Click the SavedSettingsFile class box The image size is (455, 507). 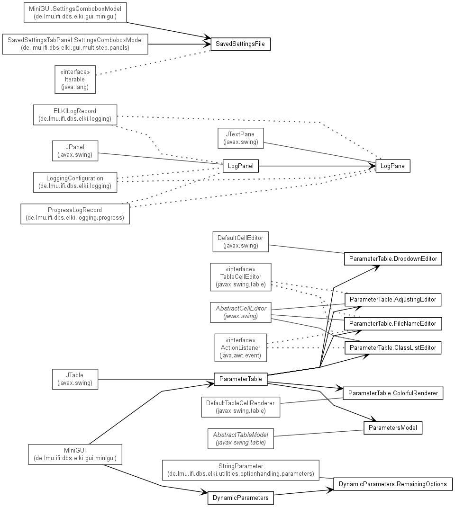(x=241, y=44)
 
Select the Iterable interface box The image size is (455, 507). (x=75, y=80)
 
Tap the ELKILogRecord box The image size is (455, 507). (x=75, y=115)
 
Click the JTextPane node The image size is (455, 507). (x=241, y=138)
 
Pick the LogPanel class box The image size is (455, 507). (x=241, y=166)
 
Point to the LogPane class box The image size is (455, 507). (x=393, y=166)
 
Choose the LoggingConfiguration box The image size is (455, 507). (x=75, y=182)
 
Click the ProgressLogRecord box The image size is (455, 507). (x=75, y=213)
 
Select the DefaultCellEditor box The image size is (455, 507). (x=241, y=241)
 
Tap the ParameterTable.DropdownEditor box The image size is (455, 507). (x=393, y=258)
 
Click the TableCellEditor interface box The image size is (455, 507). (x=241, y=277)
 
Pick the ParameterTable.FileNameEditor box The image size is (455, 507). (x=393, y=324)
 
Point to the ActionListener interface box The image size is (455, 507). (x=241, y=348)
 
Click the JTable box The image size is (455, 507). (x=75, y=379)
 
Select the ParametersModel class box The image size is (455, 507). (x=393, y=428)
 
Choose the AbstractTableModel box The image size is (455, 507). (x=241, y=439)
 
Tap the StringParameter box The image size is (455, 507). (x=241, y=470)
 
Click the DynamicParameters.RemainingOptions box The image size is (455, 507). (x=393, y=484)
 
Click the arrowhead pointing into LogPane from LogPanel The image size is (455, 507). (x=373, y=166)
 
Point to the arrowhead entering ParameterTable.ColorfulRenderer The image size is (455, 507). (x=339, y=388)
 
